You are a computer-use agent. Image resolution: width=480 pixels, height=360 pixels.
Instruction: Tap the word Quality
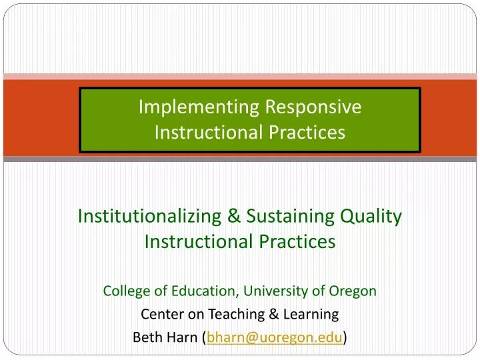pos(371,216)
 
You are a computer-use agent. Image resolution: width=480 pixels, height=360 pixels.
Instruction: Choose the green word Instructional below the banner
pos(197,241)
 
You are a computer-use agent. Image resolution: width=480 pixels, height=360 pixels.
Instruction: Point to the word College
pos(124,291)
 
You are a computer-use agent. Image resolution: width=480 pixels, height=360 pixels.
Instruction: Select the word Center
pos(159,314)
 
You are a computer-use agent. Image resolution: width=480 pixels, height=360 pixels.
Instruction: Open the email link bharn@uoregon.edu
pos(275,337)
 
